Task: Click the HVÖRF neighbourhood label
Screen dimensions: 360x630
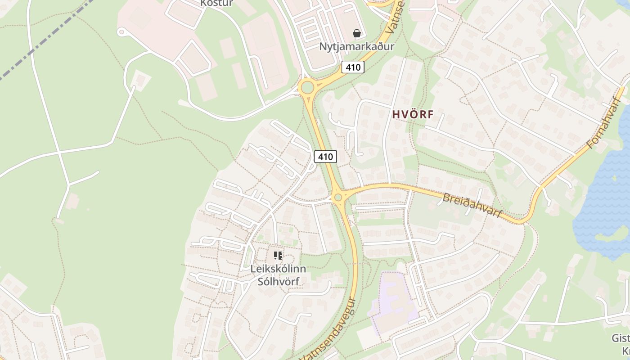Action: pyautogui.click(x=413, y=114)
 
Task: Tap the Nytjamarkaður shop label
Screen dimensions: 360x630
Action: pyautogui.click(x=356, y=46)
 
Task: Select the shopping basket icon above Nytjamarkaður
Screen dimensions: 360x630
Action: pyautogui.click(x=357, y=33)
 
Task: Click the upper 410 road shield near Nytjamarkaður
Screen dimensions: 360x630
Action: pyautogui.click(x=353, y=67)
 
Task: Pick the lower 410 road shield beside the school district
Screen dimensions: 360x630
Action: pyautogui.click(x=325, y=157)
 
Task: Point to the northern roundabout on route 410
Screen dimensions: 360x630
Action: pyautogui.click(x=307, y=87)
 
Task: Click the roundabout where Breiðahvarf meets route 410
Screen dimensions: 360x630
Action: pyautogui.click(x=338, y=197)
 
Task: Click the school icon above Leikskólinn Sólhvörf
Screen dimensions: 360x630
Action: pyautogui.click(x=278, y=256)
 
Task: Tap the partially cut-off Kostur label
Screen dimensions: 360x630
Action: pyautogui.click(x=216, y=3)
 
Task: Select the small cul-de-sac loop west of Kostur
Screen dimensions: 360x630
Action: pyautogui.click(x=121, y=32)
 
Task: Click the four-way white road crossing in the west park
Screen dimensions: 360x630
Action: pyautogui.click(x=59, y=153)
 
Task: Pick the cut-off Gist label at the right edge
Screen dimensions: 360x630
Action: pyautogui.click(x=621, y=338)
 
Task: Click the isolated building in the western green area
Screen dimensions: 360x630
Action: pyautogui.click(x=72, y=201)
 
